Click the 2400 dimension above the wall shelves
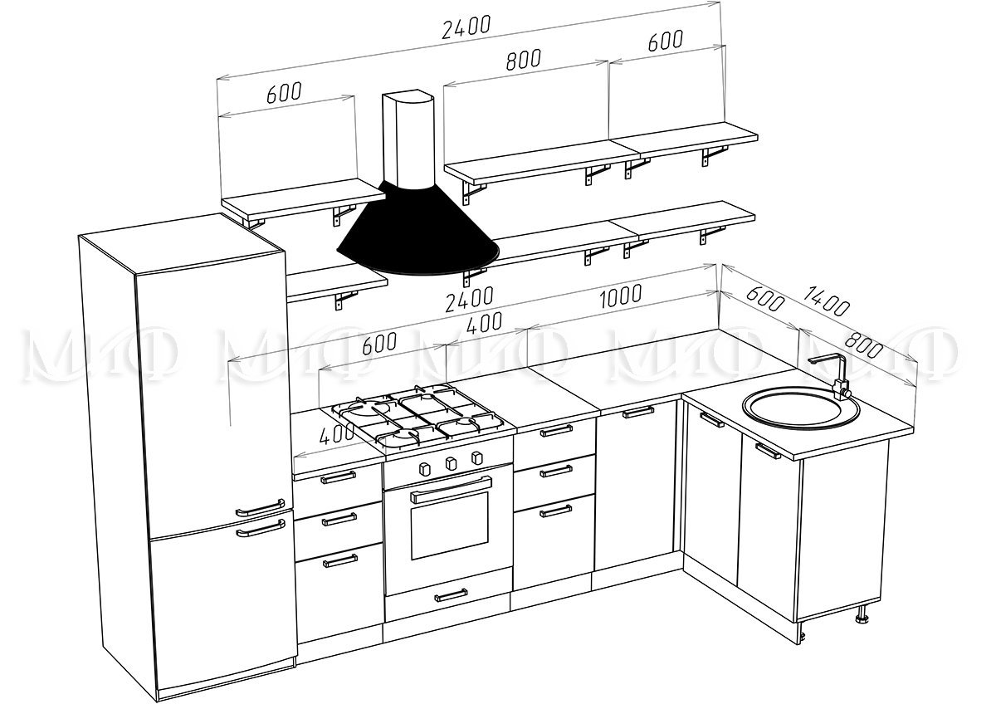[466, 27]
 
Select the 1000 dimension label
[621, 296]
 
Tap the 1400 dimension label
[827, 301]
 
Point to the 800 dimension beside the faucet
[863, 345]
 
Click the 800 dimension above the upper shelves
[524, 60]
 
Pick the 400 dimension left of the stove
[337, 433]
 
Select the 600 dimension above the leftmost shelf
[284, 92]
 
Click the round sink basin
[800, 408]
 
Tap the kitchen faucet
[831, 376]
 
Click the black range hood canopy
[418, 229]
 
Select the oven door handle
[451, 490]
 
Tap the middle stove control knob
[451, 463]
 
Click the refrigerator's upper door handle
[260, 508]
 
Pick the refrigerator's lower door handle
[261, 528]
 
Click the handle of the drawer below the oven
[451, 595]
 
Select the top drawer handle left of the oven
[338, 477]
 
